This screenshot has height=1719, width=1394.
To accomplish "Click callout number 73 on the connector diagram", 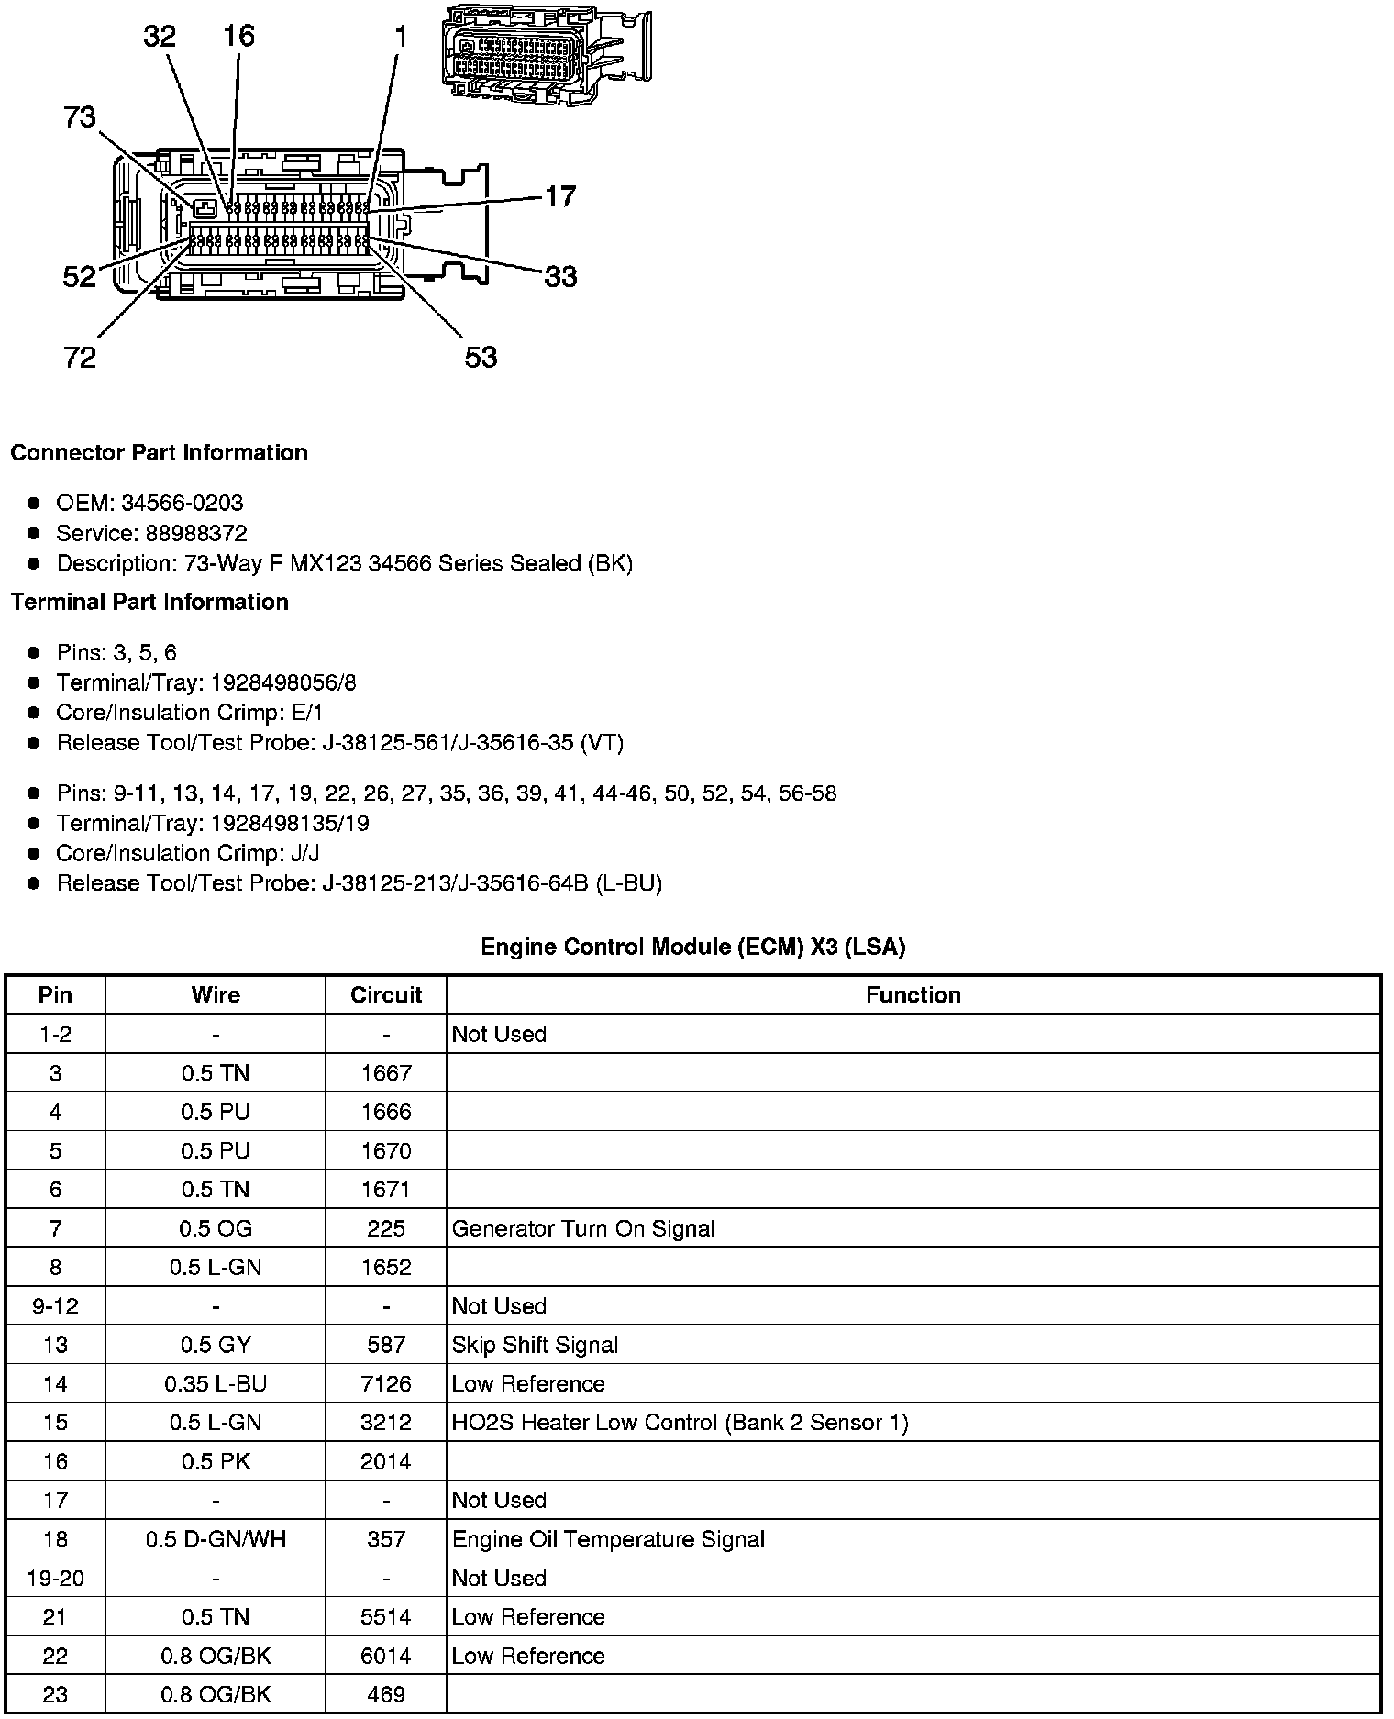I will [x=80, y=118].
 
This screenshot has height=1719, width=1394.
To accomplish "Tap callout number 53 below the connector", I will [x=481, y=357].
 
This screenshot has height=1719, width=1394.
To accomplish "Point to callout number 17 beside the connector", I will [x=560, y=196].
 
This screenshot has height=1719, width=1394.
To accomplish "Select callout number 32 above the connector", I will [x=160, y=37].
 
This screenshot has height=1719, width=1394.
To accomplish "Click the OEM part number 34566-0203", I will [x=183, y=503].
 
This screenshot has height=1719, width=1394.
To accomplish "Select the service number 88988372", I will [x=196, y=533].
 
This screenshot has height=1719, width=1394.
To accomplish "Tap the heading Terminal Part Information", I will [x=149, y=602].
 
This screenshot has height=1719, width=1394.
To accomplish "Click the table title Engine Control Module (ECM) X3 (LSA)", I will [x=693, y=947].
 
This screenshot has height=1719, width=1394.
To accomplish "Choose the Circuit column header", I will [x=386, y=995].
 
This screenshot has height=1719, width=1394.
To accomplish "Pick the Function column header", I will [x=913, y=995].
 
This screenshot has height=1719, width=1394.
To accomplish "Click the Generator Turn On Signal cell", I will [x=583, y=1228].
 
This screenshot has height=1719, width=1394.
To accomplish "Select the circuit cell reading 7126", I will [x=386, y=1383].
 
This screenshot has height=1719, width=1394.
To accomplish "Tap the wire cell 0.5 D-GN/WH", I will [x=216, y=1539].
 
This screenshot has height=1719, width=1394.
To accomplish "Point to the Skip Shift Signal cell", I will [x=535, y=1345].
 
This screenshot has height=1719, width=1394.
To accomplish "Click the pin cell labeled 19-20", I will [x=55, y=1578].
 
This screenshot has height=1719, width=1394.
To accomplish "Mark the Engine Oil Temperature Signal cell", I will [x=608, y=1539].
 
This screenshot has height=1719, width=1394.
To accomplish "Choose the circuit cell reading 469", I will [x=386, y=1694].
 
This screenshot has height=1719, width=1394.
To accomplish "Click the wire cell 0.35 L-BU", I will [x=216, y=1383].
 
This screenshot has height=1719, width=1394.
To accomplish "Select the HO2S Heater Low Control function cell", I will [x=680, y=1423].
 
